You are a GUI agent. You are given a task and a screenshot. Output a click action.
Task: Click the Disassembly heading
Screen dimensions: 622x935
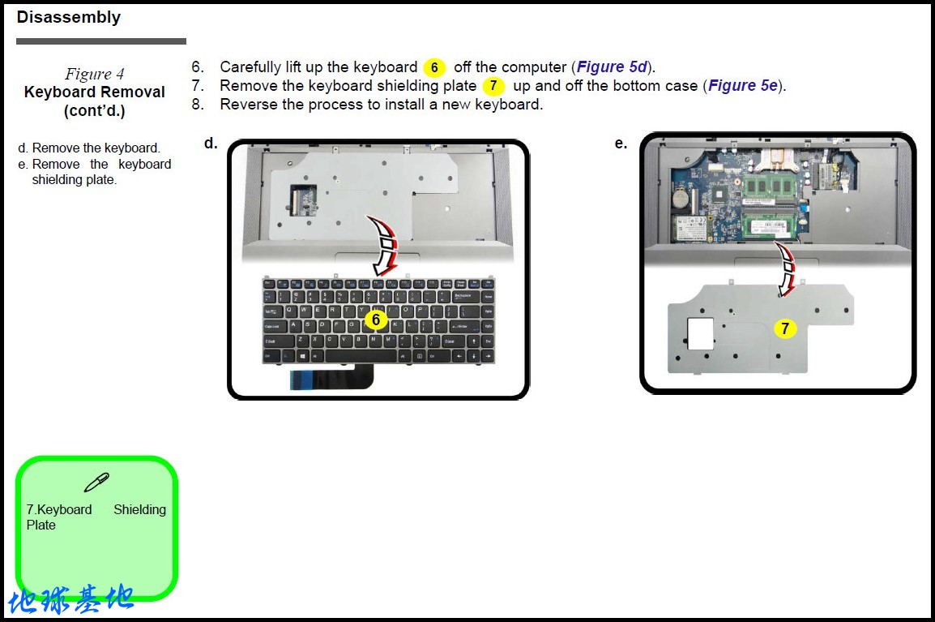click(68, 17)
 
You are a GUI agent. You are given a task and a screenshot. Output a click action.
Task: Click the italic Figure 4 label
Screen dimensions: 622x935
click(95, 74)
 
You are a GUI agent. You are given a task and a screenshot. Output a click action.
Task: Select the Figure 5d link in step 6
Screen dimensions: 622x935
click(612, 67)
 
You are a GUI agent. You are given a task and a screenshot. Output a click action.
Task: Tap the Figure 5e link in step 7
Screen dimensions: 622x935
click(743, 86)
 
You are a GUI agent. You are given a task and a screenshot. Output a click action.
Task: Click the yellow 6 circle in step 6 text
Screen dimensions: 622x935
click(434, 68)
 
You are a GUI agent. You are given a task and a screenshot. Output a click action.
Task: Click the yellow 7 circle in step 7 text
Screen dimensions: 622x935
click(493, 86)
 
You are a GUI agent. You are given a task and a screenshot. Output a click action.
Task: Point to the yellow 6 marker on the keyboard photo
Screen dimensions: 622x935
click(375, 320)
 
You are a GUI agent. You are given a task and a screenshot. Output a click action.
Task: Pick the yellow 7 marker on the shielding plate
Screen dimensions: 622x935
click(784, 328)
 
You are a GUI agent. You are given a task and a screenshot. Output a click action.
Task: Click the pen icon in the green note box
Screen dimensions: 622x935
click(96, 483)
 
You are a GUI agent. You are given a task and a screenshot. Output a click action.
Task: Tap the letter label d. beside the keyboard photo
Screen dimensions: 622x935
click(211, 144)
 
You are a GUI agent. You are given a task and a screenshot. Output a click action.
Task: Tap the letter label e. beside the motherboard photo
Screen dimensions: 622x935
click(621, 144)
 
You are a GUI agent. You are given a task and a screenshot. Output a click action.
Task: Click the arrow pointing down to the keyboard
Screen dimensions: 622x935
click(385, 243)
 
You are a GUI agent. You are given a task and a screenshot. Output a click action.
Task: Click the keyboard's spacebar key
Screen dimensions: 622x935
click(362, 355)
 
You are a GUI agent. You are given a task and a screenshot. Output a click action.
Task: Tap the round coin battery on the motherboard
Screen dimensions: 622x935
click(681, 197)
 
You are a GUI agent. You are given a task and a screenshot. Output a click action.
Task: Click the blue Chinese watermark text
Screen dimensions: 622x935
click(71, 600)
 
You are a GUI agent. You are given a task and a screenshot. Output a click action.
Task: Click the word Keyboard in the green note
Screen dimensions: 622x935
click(64, 509)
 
